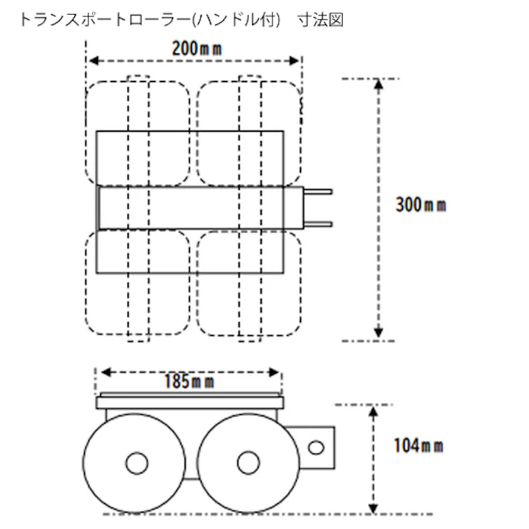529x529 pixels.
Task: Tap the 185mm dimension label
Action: pyautogui.click(x=188, y=381)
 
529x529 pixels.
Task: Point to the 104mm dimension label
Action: pyautogui.click(x=418, y=445)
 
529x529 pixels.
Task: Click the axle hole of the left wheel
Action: pyautogui.click(x=137, y=464)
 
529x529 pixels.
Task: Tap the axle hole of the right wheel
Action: pyautogui.click(x=248, y=463)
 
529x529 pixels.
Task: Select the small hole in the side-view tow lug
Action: pyautogui.click(x=316, y=447)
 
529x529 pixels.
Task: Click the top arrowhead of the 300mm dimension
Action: pyautogui.click(x=378, y=84)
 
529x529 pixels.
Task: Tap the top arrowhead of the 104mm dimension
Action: pyautogui.click(x=372, y=410)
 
